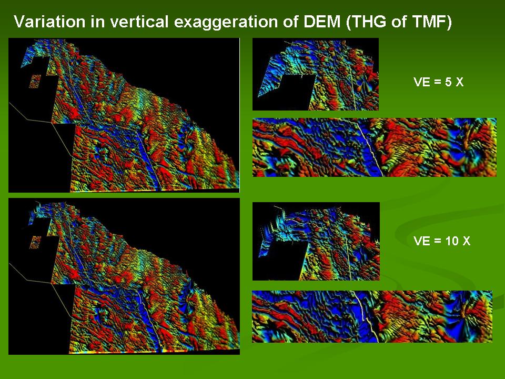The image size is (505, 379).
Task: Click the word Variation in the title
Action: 49,22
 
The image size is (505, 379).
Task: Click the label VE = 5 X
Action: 438,82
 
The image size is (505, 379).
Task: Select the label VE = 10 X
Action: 442,241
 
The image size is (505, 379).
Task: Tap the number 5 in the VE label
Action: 448,82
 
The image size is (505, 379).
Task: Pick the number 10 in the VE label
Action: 452,241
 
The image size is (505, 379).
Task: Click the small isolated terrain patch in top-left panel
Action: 35,81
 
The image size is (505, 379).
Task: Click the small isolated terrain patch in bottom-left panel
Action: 35,242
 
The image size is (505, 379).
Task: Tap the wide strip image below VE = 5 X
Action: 375,147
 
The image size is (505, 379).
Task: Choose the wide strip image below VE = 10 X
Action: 372,316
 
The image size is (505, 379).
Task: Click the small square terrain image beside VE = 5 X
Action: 316,74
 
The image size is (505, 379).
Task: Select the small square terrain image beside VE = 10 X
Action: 316,242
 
